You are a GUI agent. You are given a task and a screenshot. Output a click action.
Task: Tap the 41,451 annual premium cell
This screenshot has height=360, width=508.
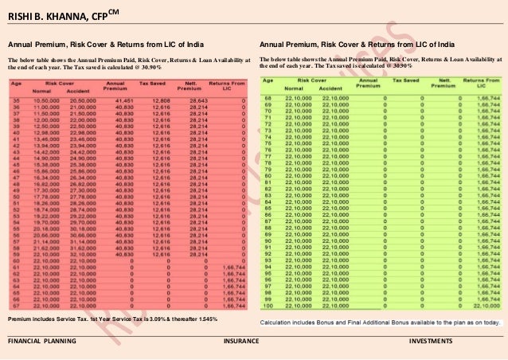point(122,100)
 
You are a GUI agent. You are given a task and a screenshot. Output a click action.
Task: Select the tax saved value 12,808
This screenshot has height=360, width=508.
point(159,100)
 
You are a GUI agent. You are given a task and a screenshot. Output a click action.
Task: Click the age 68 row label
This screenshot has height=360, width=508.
point(268,98)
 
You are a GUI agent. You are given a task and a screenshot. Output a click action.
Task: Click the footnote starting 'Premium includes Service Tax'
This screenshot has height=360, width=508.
point(111,319)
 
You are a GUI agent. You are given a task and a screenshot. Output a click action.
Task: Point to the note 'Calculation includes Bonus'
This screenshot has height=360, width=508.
point(380,323)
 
